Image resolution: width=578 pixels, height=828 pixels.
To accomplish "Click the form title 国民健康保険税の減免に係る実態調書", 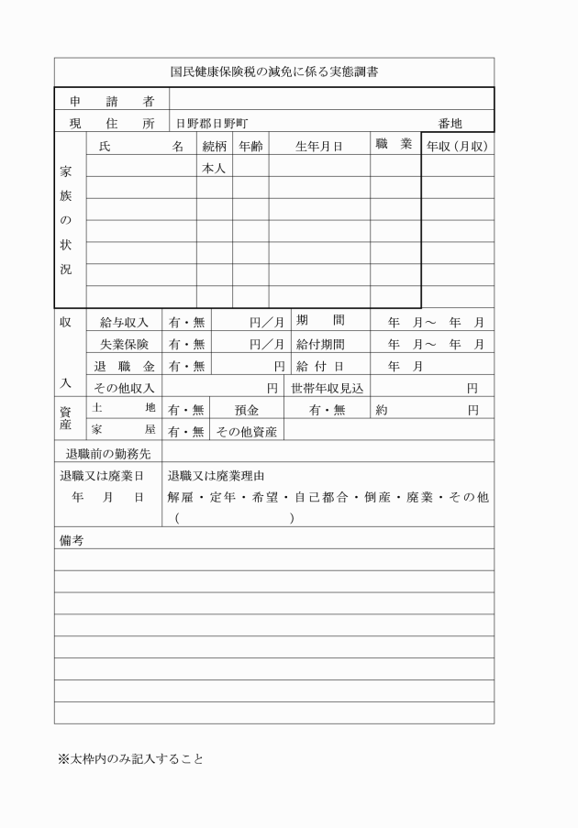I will coord(274,71).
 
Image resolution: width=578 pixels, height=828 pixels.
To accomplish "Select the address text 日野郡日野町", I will coord(212,123).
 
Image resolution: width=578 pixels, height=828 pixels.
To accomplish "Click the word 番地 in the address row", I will coord(450,123).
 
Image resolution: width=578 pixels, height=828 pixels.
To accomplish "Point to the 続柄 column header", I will coord(214,146).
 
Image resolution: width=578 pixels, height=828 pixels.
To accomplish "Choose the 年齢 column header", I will coord(250,146).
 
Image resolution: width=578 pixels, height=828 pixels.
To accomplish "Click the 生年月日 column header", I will coord(318,146).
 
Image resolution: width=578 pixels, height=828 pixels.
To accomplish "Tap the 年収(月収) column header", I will coord(457,146).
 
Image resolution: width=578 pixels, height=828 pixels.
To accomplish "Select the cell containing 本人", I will coord(214,168).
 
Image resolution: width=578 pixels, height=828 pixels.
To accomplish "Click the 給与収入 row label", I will coord(124,322).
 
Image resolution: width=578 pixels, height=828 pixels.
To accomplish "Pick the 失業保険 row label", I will coord(124,344).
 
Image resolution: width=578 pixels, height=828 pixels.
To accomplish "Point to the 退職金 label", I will coord(124,366).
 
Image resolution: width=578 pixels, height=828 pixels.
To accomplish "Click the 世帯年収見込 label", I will coord(328,388).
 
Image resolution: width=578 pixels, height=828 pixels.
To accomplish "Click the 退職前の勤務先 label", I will coord(108,453).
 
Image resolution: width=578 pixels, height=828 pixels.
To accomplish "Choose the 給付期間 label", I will coord(320,344).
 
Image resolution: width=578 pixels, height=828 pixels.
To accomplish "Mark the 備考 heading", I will coord(71,541).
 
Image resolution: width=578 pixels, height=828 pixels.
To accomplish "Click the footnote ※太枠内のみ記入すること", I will coord(130,759).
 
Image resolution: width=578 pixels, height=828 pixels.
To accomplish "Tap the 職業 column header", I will coord(394,144).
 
